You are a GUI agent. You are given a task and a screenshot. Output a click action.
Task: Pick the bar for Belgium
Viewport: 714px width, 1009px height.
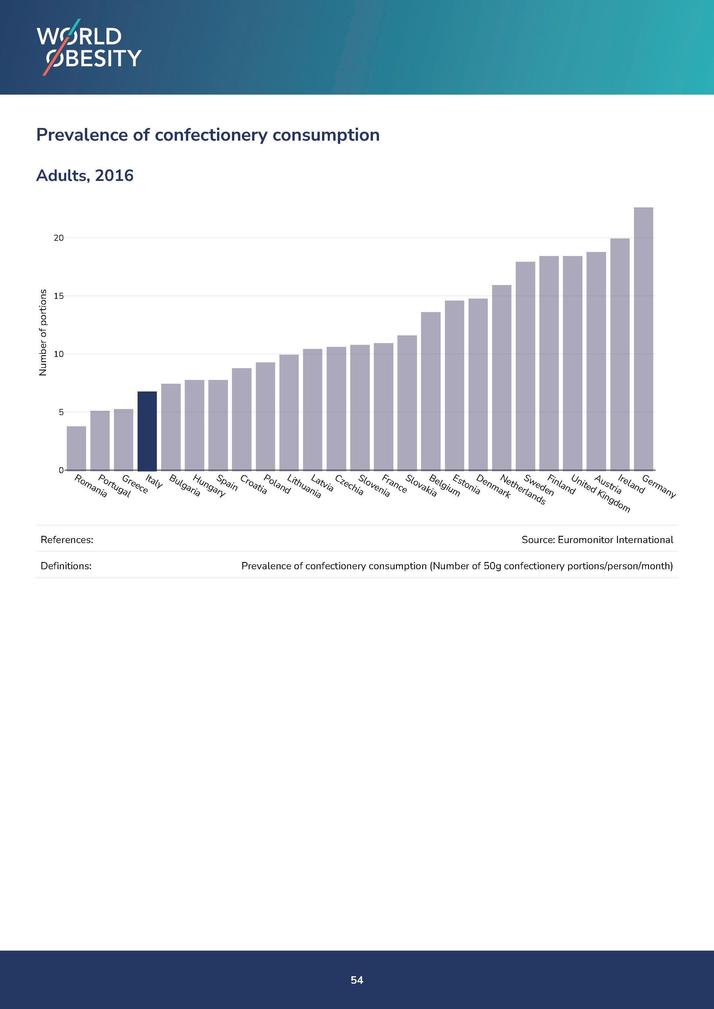click(431, 391)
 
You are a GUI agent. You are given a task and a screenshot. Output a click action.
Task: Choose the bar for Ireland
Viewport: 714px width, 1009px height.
click(620, 354)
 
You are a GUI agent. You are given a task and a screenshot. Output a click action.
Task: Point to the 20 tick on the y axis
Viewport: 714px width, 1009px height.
click(58, 238)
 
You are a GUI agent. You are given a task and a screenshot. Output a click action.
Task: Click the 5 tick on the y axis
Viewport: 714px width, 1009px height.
click(61, 412)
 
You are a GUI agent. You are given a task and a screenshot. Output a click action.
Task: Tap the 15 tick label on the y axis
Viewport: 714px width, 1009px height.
click(58, 296)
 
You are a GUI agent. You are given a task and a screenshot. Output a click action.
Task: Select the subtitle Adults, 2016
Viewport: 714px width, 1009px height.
click(84, 175)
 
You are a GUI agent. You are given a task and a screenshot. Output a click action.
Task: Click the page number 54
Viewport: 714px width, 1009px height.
click(357, 980)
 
